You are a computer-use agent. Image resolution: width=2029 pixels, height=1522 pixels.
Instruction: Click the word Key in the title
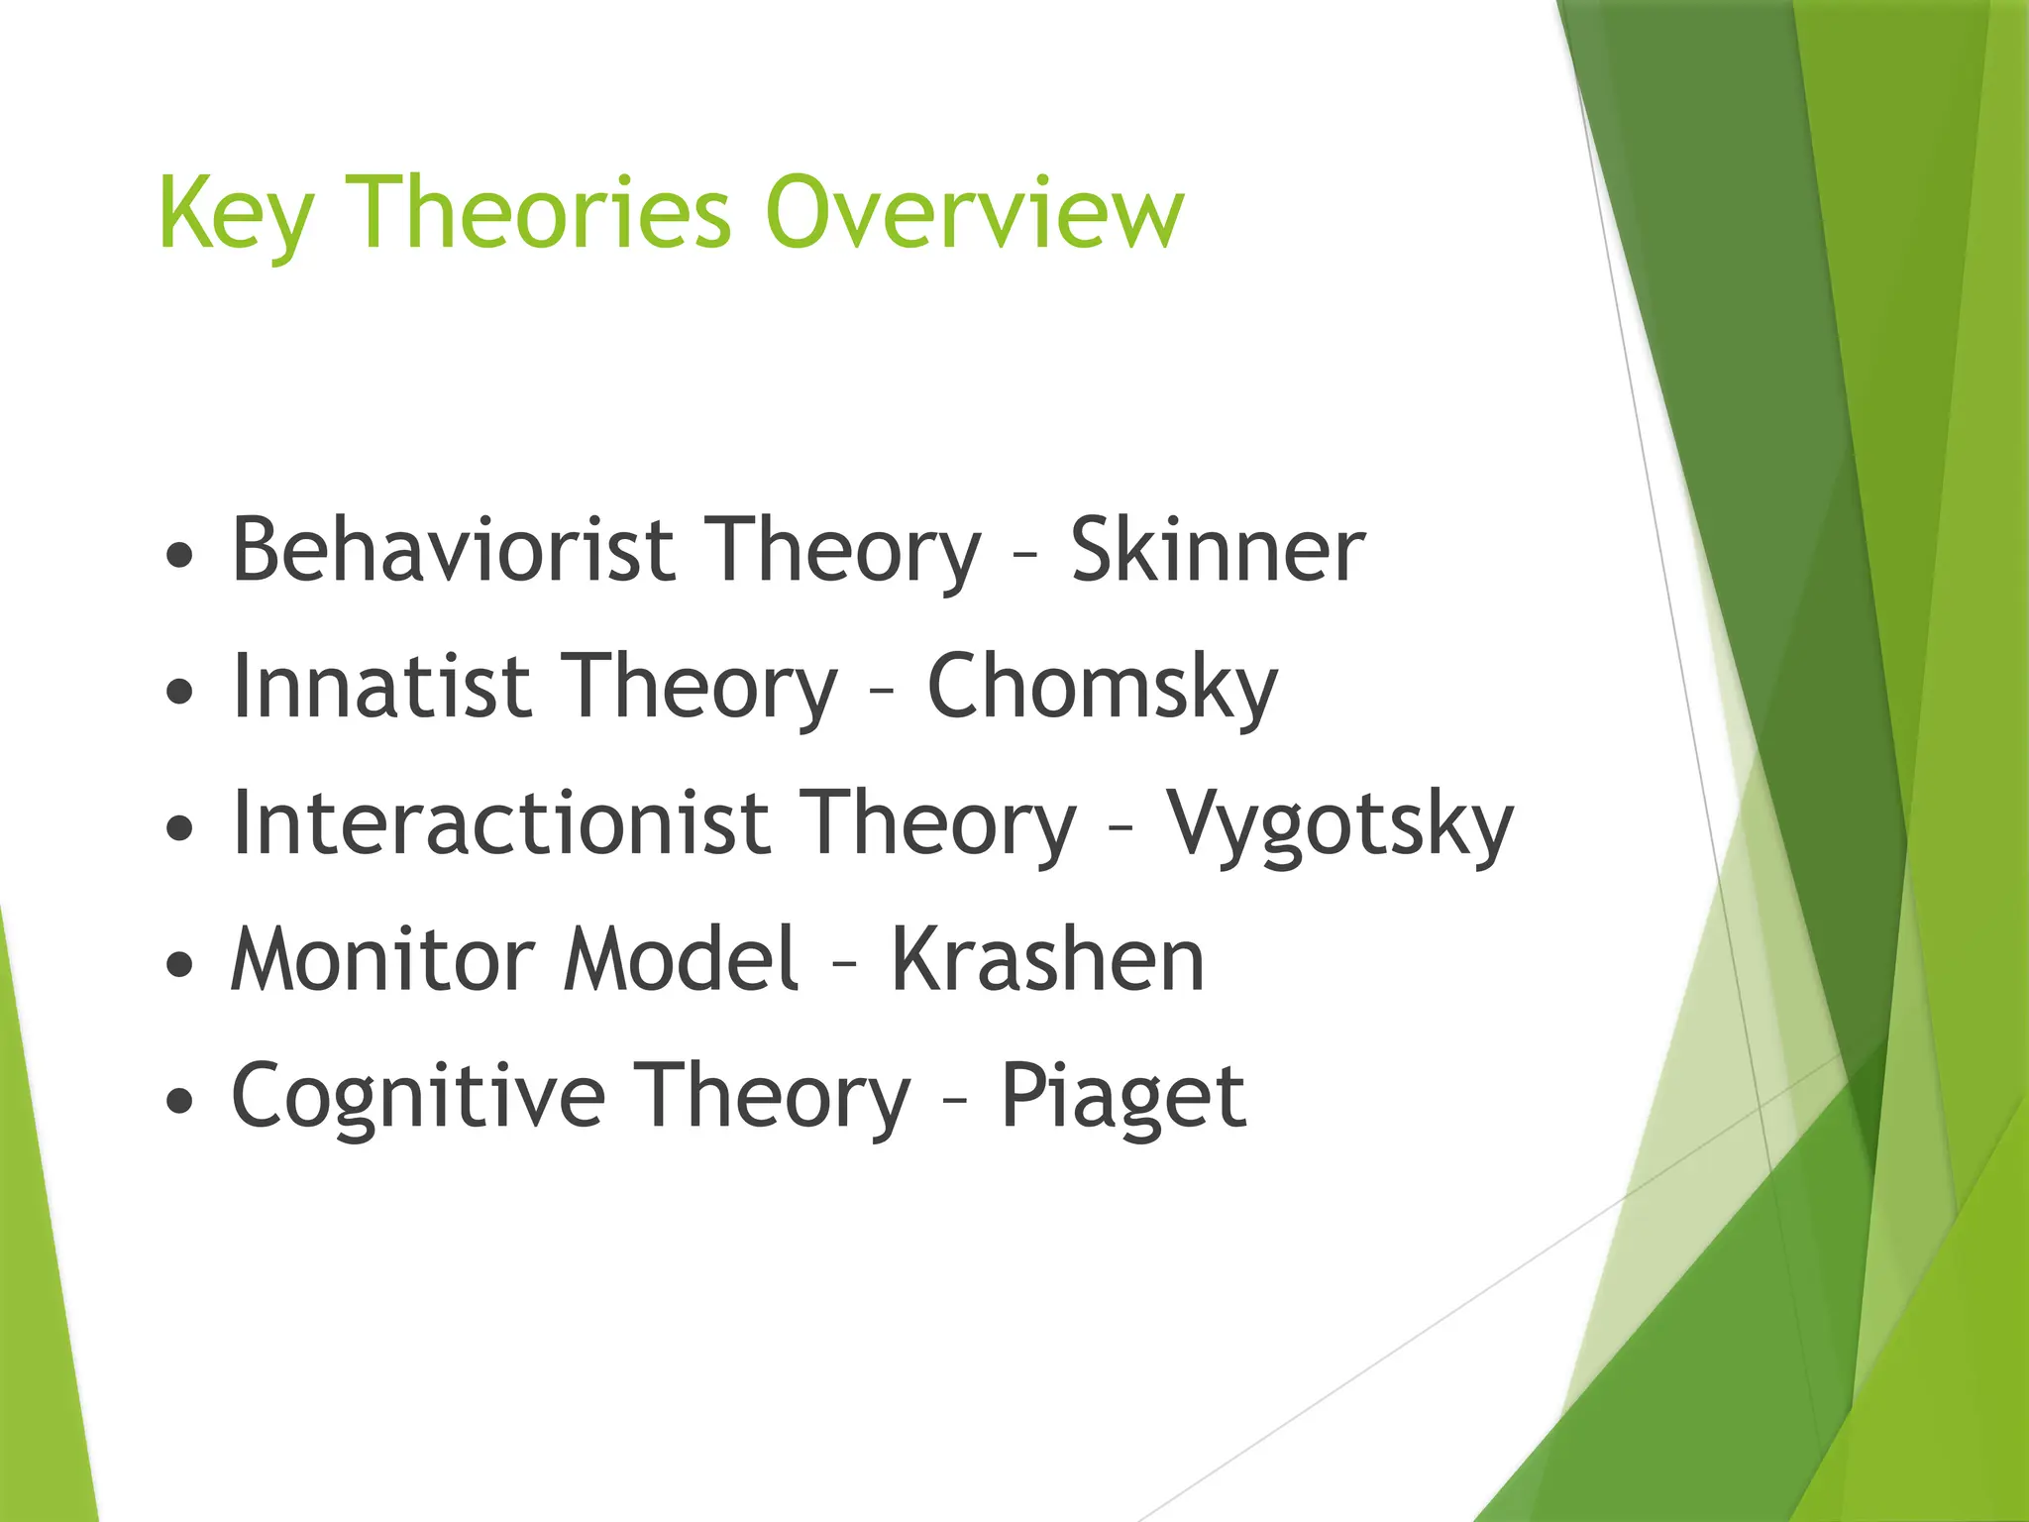tap(236, 213)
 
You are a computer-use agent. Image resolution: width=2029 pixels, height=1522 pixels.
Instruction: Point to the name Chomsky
tap(1102, 687)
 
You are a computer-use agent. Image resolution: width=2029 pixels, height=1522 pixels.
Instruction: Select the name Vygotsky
tap(1339, 824)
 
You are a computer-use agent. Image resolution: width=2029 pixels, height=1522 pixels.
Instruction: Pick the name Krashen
tap(1047, 959)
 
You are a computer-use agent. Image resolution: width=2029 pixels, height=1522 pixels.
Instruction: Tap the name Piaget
tap(1122, 1096)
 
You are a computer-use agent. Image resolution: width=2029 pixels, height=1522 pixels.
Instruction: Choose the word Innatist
tap(381, 687)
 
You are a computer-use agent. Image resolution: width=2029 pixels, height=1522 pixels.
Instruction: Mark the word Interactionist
tap(500, 823)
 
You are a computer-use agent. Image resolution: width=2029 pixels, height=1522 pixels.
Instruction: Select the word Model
tap(681, 959)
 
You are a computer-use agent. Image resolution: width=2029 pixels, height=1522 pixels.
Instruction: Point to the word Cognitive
tap(418, 1096)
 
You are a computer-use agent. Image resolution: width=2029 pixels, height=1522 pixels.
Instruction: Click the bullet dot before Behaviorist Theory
tap(180, 556)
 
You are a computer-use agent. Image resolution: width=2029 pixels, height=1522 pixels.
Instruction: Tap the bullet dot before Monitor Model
tap(180, 964)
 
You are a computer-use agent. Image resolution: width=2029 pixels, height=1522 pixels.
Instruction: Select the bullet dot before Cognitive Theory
tap(180, 1101)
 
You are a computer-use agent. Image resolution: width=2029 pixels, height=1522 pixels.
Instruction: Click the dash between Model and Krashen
tap(844, 964)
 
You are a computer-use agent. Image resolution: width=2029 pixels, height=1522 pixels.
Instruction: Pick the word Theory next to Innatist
tap(700, 687)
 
